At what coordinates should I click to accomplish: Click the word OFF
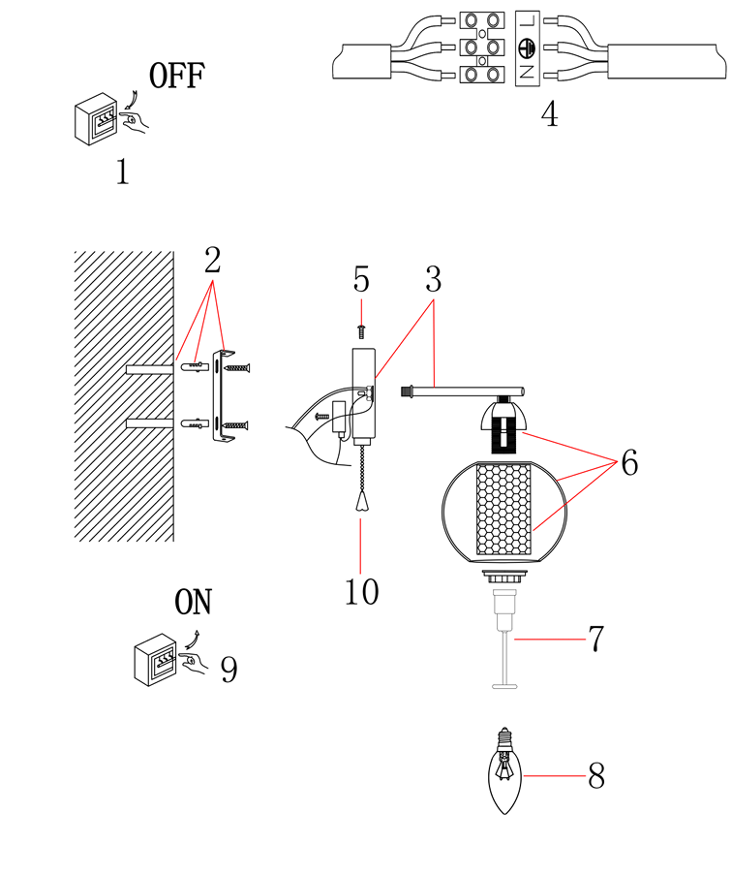coord(177,76)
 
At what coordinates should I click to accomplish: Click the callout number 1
coord(122,172)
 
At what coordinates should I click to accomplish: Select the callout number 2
coord(212,260)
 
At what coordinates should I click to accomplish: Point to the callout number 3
coord(433,280)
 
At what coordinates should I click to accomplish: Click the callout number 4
coord(549,115)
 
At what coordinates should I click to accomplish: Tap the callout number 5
coord(361,280)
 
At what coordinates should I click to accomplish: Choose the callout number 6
coord(629,464)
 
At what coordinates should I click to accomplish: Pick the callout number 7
coord(595,640)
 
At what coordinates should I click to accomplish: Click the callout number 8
coord(595,776)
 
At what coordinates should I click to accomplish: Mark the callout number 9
coord(229,669)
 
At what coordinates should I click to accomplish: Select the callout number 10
coord(361,591)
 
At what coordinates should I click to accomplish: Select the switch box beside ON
coord(155,660)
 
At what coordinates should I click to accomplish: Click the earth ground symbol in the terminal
coord(528,46)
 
